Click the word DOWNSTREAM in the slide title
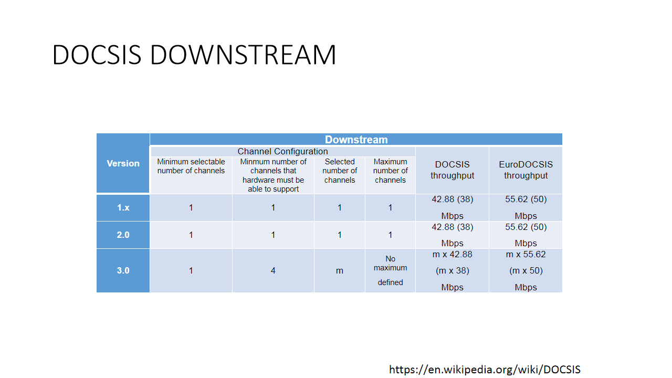point(243,55)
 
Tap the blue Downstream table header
point(356,140)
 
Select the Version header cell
point(123,163)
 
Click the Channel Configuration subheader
point(282,151)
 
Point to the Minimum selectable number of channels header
point(191,166)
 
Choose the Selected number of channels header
point(340,171)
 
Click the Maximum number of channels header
point(390,171)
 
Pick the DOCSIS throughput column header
point(452,170)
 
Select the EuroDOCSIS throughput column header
point(526,170)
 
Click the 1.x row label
point(123,207)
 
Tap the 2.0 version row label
point(123,235)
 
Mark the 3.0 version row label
point(123,270)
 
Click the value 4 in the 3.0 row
point(273,270)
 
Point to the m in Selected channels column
point(340,271)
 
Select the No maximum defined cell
point(390,270)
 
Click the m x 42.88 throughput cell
point(452,270)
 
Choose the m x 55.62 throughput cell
point(526,270)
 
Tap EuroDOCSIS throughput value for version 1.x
point(526,207)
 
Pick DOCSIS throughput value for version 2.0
point(452,235)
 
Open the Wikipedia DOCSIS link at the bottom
point(485,370)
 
